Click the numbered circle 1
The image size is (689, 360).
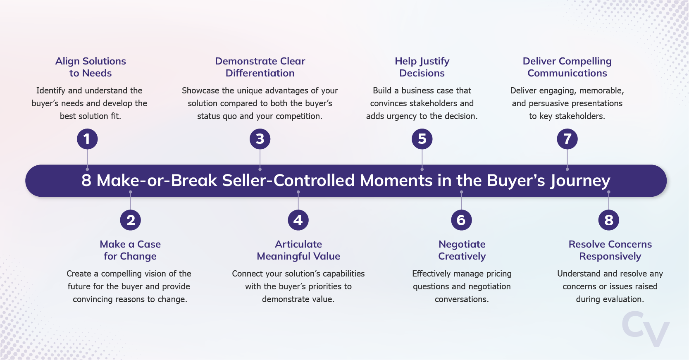(87, 139)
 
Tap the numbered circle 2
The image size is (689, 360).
(131, 220)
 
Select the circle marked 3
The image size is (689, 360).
(260, 139)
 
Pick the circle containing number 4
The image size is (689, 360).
(298, 220)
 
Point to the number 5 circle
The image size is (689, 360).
(422, 139)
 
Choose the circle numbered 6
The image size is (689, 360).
(461, 220)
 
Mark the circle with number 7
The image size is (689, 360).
(567, 139)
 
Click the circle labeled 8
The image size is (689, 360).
(609, 220)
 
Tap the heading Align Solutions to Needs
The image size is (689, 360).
(91, 67)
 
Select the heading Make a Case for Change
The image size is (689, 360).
(130, 250)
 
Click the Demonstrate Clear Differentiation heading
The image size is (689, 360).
(260, 67)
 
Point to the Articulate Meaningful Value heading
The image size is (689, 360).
(298, 250)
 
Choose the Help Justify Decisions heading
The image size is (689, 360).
(422, 67)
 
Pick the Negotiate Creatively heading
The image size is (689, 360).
(462, 250)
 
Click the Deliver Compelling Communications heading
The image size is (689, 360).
(567, 67)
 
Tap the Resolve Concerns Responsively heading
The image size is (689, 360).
(610, 250)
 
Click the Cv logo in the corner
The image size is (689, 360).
(646, 329)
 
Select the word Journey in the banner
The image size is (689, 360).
(580, 181)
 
